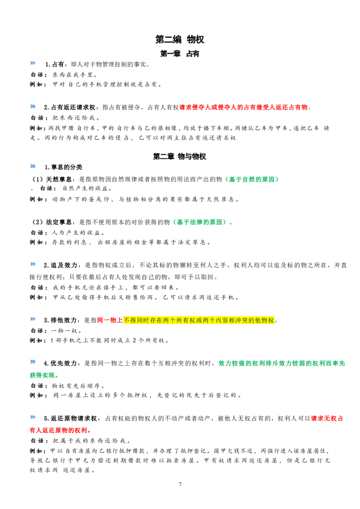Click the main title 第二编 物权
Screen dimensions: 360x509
[x=180, y=40]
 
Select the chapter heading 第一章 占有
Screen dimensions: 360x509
[x=180, y=54]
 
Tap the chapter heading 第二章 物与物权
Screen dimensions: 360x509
[x=180, y=156]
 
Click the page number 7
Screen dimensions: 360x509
[x=180, y=484]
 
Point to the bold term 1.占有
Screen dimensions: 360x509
[x=54, y=64]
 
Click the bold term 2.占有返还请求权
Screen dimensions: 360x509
[x=70, y=107]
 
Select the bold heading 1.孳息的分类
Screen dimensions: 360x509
[x=63, y=167]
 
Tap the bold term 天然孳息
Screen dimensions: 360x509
[x=59, y=179]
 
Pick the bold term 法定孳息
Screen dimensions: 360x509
[x=59, y=222]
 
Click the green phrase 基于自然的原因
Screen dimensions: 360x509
[x=252, y=179]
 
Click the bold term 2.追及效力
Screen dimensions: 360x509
[x=60, y=265]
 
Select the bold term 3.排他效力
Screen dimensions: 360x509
[x=60, y=320]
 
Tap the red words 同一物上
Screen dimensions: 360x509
[x=110, y=320]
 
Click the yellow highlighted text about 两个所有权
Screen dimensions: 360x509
[x=199, y=320]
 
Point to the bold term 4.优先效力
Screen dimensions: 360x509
[x=60, y=363]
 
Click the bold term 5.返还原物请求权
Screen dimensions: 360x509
[x=71, y=419]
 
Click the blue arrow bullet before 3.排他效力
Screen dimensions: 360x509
[x=33, y=319]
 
